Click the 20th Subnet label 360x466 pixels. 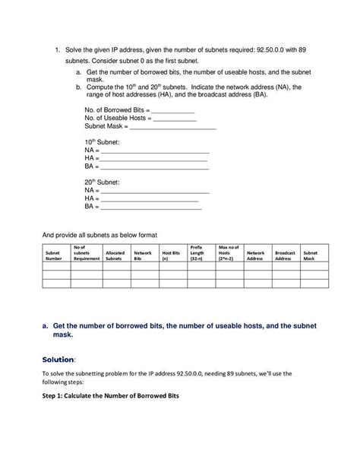pyautogui.click(x=102, y=182)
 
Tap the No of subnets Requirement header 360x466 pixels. pyautogui.click(x=86, y=252)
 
